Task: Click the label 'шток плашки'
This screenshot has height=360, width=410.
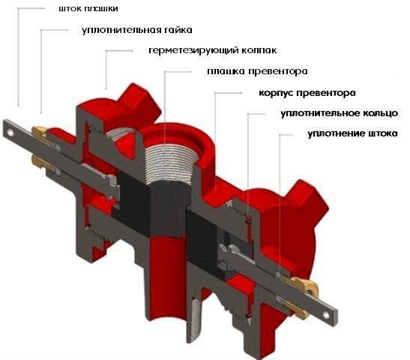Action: pyautogui.click(x=88, y=9)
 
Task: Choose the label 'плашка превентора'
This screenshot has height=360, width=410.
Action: pyautogui.click(x=257, y=71)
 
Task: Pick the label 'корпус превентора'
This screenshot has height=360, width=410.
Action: pyautogui.click(x=307, y=93)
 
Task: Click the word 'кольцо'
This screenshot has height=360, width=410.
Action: pyautogui.click(x=381, y=113)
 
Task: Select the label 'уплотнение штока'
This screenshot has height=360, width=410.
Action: pyautogui.click(x=352, y=133)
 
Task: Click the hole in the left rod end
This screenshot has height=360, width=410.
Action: pyautogui.click(x=10, y=133)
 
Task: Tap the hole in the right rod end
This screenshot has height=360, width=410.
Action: pyautogui.click(x=325, y=314)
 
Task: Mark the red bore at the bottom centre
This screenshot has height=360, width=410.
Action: pyautogui.click(x=167, y=274)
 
